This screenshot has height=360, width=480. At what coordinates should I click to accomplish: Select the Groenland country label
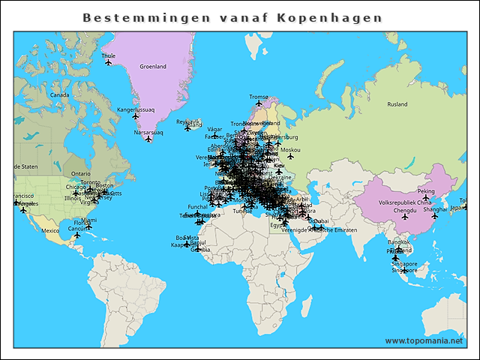(153, 67)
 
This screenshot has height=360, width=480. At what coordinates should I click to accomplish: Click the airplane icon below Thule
(109, 63)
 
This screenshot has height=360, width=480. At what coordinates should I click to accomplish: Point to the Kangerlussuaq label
(136, 109)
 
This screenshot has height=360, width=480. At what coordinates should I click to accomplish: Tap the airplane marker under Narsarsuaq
(148, 139)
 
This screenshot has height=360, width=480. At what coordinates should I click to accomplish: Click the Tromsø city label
(258, 96)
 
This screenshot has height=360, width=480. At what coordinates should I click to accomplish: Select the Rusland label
(397, 104)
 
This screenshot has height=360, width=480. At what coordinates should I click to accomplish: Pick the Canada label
(59, 95)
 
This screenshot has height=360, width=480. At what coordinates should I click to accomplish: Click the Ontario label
(81, 173)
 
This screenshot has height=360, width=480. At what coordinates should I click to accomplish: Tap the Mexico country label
(50, 230)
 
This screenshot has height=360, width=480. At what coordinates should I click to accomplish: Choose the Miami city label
(88, 220)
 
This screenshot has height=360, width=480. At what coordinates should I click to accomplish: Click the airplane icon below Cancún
(76, 235)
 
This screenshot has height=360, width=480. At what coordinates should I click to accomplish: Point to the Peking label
(425, 190)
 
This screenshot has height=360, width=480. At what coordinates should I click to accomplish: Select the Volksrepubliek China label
(404, 203)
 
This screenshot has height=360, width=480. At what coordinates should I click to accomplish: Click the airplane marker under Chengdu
(404, 219)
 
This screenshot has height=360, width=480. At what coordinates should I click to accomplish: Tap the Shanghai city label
(435, 209)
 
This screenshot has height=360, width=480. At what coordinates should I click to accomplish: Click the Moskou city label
(290, 150)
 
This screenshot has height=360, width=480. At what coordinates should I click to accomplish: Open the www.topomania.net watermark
(424, 340)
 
